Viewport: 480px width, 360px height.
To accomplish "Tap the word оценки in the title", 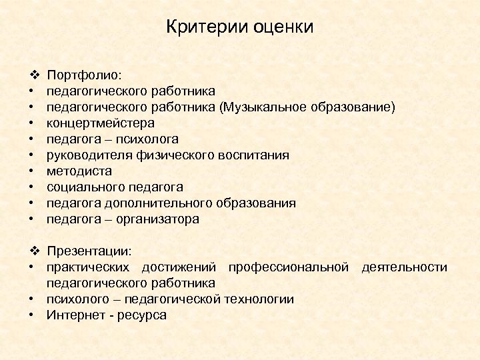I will pyautogui.click(x=283, y=27).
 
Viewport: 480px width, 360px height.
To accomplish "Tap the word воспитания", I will pyautogui.click(x=254, y=155).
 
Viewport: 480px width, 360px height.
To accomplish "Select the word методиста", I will pyautogui.click(x=75, y=171).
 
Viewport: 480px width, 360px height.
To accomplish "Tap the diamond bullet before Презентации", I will pyautogui.click(x=34, y=251).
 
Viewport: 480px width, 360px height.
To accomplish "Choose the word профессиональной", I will pyautogui.click(x=288, y=267).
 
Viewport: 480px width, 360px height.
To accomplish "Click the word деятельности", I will pyautogui.click(x=404, y=267).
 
